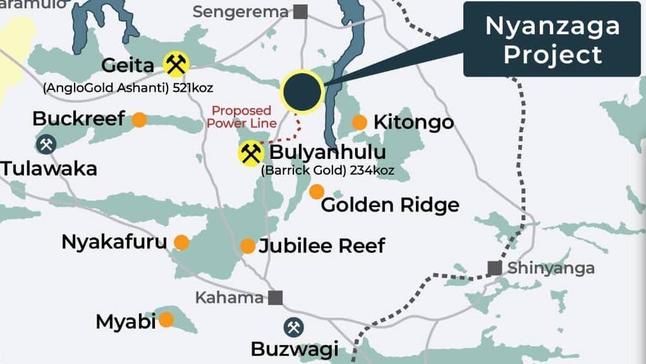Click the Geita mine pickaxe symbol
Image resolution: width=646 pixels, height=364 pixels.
(176, 65)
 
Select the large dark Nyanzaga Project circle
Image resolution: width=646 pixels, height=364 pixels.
(302, 92)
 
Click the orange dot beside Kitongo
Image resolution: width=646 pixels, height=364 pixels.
(359, 122)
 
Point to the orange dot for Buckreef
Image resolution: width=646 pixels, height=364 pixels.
(139, 120)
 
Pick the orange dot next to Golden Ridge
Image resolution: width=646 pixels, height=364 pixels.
(316, 191)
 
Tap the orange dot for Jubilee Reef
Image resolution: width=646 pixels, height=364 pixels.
(248, 246)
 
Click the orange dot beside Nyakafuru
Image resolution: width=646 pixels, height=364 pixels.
(181, 242)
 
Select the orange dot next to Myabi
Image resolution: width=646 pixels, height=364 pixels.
(166, 320)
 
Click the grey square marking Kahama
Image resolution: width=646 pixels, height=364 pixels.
(276, 298)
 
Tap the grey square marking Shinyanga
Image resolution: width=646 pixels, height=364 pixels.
(495, 268)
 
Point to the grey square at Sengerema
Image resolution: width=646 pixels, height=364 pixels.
(301, 11)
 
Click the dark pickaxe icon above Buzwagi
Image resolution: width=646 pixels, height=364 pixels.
(293, 327)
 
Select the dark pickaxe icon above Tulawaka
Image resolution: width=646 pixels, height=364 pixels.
(46, 144)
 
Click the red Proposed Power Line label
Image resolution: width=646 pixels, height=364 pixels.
(242, 117)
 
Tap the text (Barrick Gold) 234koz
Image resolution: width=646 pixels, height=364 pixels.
(327, 170)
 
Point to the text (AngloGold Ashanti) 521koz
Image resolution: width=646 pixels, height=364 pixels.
(128, 88)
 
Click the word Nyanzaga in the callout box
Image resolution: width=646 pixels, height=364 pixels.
(552, 26)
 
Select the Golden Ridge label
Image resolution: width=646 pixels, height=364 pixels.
(390, 205)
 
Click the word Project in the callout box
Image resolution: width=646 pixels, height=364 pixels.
(552, 54)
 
